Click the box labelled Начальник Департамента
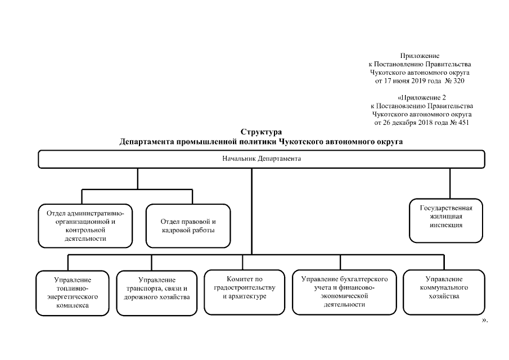point(262,159)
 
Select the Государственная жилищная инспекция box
point(445,220)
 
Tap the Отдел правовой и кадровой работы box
point(187,226)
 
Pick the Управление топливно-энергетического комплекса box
point(73,292)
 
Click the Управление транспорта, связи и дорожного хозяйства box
point(157,292)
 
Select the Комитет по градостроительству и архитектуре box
point(244,291)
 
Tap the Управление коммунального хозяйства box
point(444,291)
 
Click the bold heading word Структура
point(261,133)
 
